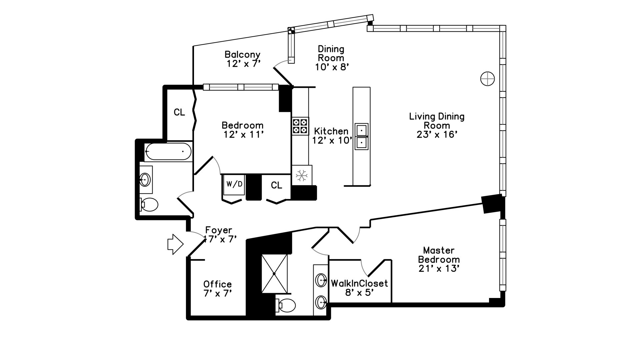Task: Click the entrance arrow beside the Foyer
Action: pyautogui.click(x=175, y=244)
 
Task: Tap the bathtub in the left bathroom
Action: pyautogui.click(x=168, y=152)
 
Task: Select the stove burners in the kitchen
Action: pyautogui.click(x=300, y=126)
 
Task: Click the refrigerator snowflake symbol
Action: pyautogui.click(x=302, y=175)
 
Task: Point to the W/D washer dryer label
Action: pyautogui.click(x=234, y=184)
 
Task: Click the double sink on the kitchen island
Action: pyautogui.click(x=361, y=136)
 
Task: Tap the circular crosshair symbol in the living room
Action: pyautogui.click(x=487, y=79)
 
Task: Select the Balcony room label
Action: pyautogui.click(x=242, y=54)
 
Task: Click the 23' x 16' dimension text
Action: pyautogui.click(x=437, y=134)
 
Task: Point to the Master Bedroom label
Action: pyautogui.click(x=439, y=255)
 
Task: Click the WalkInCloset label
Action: pyautogui.click(x=359, y=283)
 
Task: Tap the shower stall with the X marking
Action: pyautogui.click(x=274, y=274)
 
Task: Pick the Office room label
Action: pyautogui.click(x=217, y=284)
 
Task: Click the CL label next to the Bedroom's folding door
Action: pyautogui.click(x=179, y=112)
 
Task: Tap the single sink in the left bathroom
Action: pyautogui.click(x=145, y=180)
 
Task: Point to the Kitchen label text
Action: pyautogui.click(x=331, y=131)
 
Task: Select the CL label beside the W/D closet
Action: pyautogui.click(x=276, y=185)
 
